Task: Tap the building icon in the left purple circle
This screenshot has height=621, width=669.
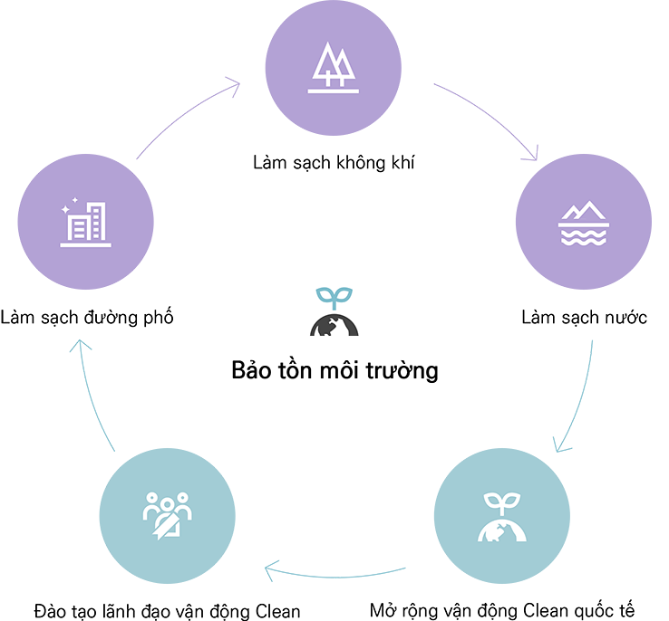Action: tap(85, 223)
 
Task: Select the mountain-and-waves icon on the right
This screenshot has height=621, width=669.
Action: tap(583, 224)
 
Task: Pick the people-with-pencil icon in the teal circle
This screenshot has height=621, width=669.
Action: tap(168, 514)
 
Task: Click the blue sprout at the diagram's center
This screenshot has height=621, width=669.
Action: tap(334, 298)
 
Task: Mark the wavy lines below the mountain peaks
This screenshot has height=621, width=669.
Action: tap(583, 236)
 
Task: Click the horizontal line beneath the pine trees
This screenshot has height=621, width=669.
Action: tap(334, 91)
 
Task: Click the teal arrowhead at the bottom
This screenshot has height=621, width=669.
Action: tap(274, 574)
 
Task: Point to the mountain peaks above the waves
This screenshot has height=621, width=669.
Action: tap(583, 214)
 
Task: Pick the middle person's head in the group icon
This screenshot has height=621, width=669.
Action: tap(169, 499)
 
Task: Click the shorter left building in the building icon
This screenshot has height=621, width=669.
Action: tap(74, 230)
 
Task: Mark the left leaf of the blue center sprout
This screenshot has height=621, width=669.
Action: tap(325, 294)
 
